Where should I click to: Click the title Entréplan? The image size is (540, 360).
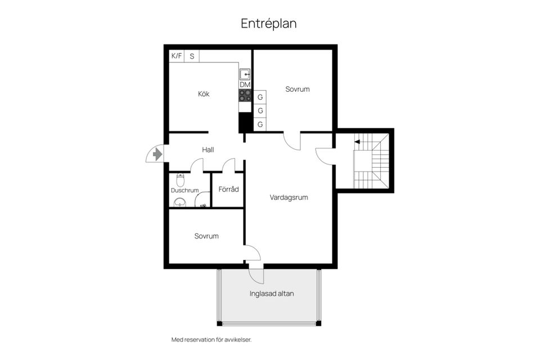tap(269, 24)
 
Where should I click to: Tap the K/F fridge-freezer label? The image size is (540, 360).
tap(177, 56)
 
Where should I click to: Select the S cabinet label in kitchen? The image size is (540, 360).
tap(192, 56)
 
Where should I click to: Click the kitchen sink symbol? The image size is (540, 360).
tap(245, 74)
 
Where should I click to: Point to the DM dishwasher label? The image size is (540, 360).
tap(245, 85)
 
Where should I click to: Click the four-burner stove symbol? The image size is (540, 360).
tap(245, 95)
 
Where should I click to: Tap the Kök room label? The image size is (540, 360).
tap(204, 94)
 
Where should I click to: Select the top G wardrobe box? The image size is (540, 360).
tap(260, 97)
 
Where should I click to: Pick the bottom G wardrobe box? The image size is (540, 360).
tap(260, 124)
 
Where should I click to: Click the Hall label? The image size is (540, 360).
tap(208, 150)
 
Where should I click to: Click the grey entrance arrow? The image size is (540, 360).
tap(157, 153)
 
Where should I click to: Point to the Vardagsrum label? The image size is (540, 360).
tap(289, 197)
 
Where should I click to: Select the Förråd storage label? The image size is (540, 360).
tap(228, 189)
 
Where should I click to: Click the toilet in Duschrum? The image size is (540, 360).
tap(180, 180)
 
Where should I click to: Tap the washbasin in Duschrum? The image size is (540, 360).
tap(180, 202)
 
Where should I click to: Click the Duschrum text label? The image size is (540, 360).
tap(184, 191)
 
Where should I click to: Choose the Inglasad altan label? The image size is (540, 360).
tap(272, 293)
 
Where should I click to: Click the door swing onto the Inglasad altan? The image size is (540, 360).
tap(255, 276)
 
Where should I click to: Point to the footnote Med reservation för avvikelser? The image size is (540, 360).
tap(211, 340)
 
